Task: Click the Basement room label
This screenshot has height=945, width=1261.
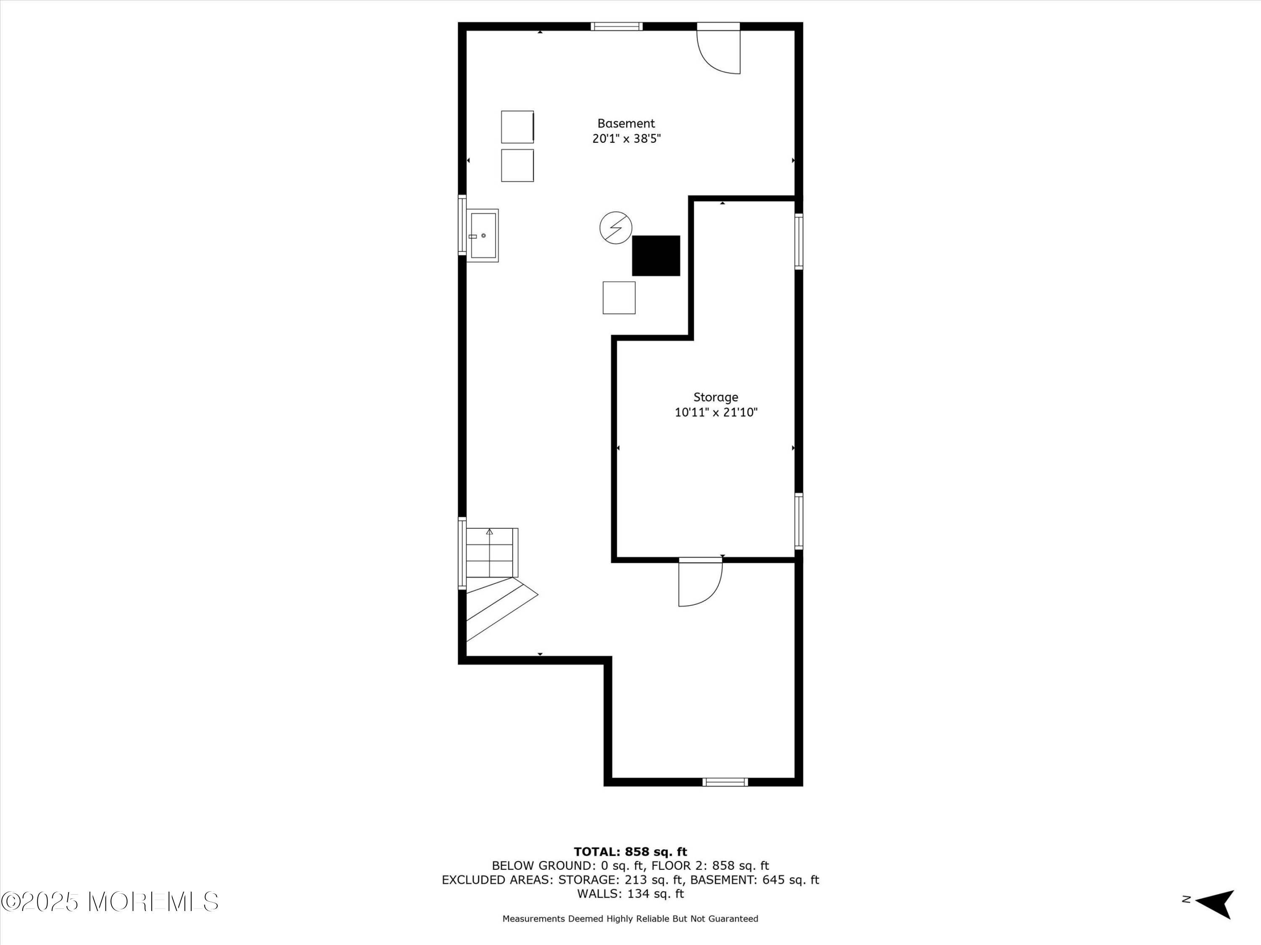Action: pyautogui.click(x=626, y=123)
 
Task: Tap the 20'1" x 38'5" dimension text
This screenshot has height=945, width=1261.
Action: pyautogui.click(x=626, y=139)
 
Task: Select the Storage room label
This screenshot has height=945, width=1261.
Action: pyautogui.click(x=715, y=397)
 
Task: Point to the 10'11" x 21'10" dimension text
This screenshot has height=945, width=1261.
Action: pyautogui.click(x=715, y=412)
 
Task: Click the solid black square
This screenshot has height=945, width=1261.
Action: pyautogui.click(x=656, y=256)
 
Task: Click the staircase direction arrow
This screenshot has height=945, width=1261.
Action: pyautogui.click(x=489, y=532)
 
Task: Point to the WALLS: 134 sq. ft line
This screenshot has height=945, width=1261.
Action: pyautogui.click(x=630, y=894)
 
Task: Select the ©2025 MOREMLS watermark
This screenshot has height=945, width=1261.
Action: pyautogui.click(x=109, y=902)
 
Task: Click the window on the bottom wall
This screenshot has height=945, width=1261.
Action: pyautogui.click(x=725, y=782)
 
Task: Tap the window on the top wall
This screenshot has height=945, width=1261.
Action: pyautogui.click(x=616, y=26)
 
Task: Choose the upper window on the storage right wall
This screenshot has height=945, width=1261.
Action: pyautogui.click(x=799, y=241)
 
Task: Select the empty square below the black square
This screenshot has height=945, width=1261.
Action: pyautogui.click(x=619, y=298)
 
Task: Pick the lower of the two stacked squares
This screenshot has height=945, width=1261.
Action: pyautogui.click(x=517, y=166)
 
